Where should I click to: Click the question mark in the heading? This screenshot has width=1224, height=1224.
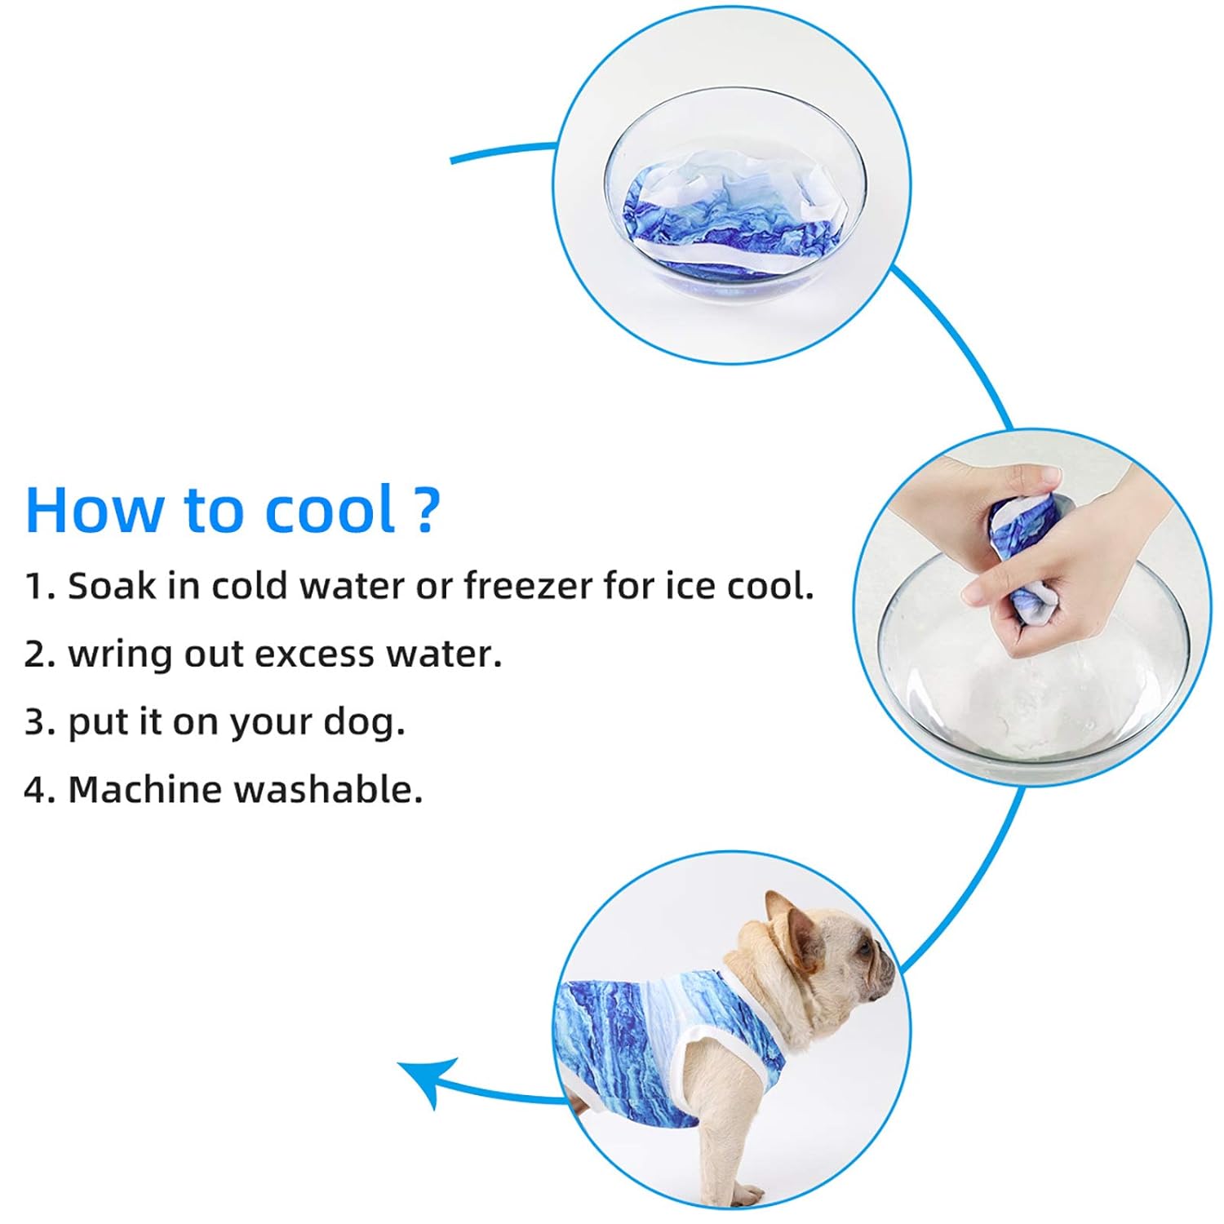426,509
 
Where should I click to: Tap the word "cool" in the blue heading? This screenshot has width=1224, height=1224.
330,511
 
